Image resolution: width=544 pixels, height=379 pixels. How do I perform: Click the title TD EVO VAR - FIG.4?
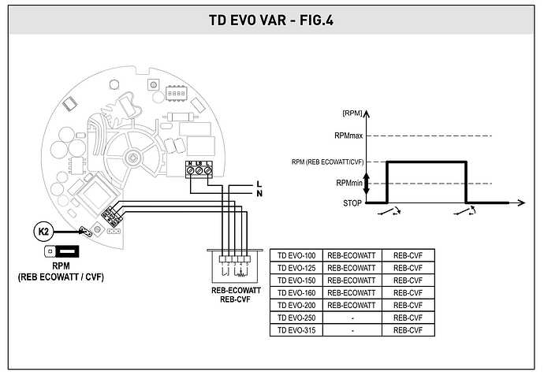[272, 19]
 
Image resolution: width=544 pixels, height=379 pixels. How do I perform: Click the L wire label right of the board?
[259, 183]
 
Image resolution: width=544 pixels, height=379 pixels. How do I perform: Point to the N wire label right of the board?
[259, 193]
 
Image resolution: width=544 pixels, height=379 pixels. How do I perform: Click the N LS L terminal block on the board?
[199, 169]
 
